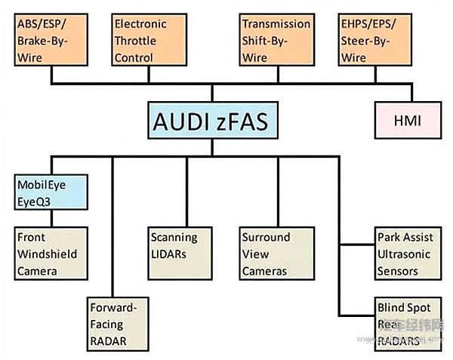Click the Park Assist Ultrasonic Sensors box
405,254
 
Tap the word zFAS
240,122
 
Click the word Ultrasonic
405,254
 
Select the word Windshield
47,254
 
